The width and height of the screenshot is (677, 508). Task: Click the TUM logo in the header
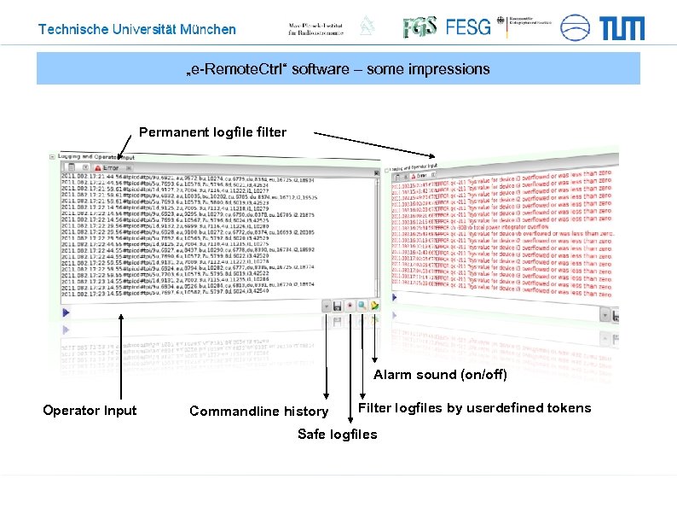(622, 28)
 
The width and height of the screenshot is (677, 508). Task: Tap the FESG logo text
(468, 27)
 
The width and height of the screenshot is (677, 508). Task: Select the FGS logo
(420, 27)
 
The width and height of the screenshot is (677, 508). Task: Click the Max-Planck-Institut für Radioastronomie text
(316, 27)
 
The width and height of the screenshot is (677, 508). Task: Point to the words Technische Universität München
(137, 29)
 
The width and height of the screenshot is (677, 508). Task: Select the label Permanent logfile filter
(212, 132)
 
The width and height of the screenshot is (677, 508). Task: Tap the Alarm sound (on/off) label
(440, 375)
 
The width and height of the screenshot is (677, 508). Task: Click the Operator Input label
(90, 411)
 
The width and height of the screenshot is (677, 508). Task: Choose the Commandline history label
(258, 412)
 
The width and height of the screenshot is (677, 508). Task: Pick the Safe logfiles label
(337, 435)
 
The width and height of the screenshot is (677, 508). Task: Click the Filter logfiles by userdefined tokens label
(474, 408)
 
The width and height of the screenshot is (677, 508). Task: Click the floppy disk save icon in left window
(338, 305)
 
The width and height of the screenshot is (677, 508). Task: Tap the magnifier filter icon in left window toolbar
(362, 305)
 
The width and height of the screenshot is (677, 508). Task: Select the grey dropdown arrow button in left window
(326, 305)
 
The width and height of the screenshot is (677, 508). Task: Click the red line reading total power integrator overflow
(503, 227)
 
